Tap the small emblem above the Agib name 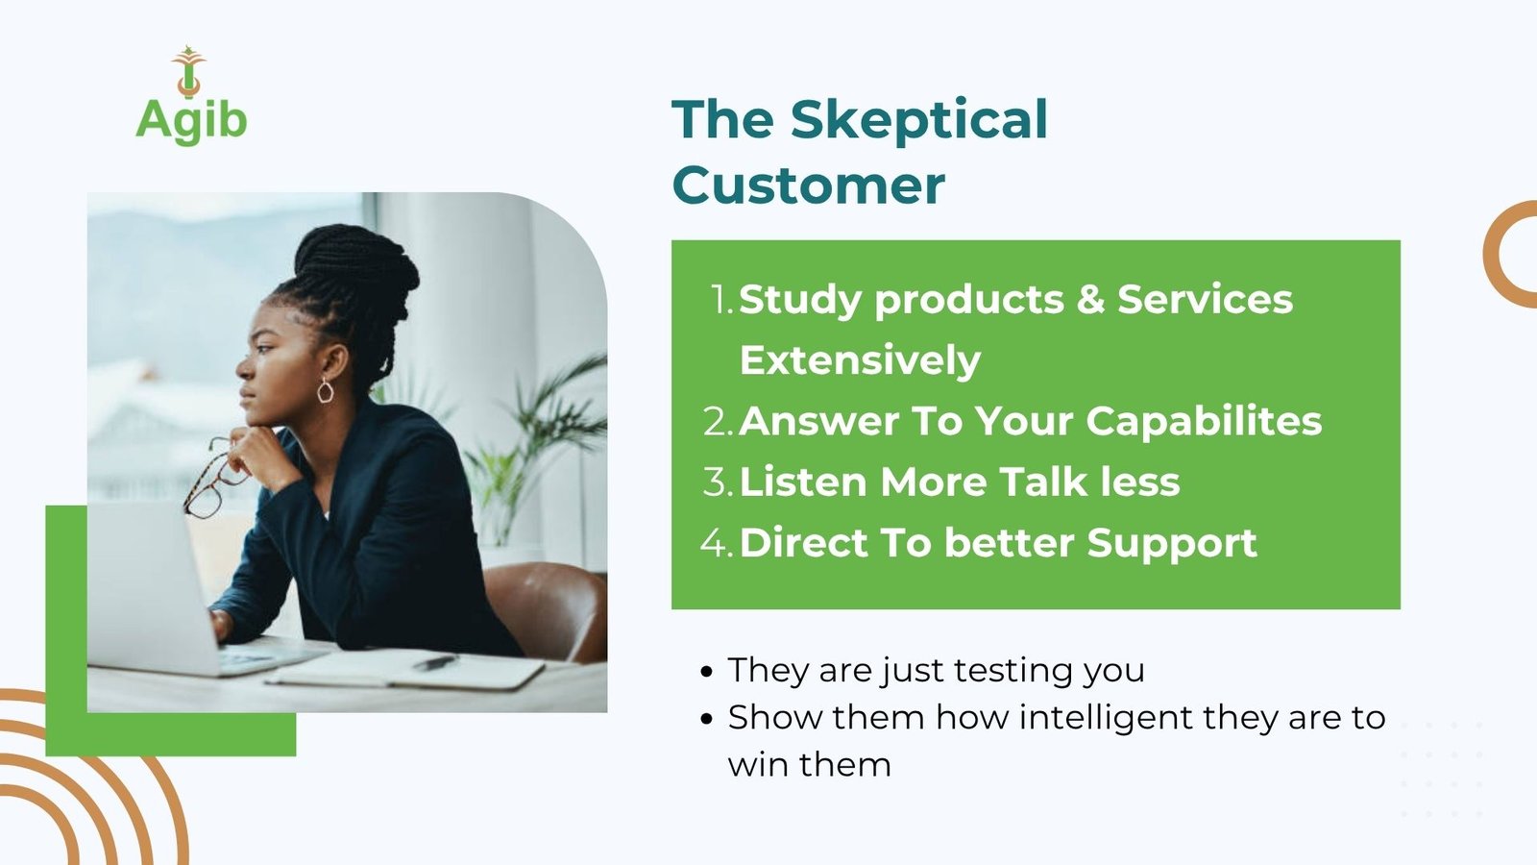(x=188, y=71)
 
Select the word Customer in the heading (x=808, y=185)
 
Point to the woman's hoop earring (x=326, y=390)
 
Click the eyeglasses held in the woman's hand (x=211, y=482)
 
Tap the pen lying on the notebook (x=436, y=662)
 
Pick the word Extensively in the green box (x=860, y=360)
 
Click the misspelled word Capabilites (x=1204, y=422)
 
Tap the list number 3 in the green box (x=718, y=482)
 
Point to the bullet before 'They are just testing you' (x=707, y=672)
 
